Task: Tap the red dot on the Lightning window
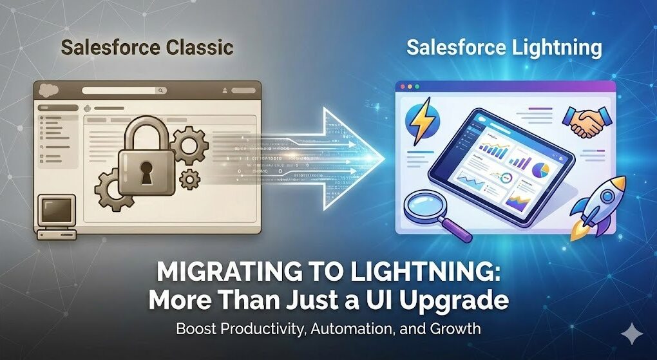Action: point(404,86)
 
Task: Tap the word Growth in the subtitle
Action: point(457,328)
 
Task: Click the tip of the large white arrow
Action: point(385,157)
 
